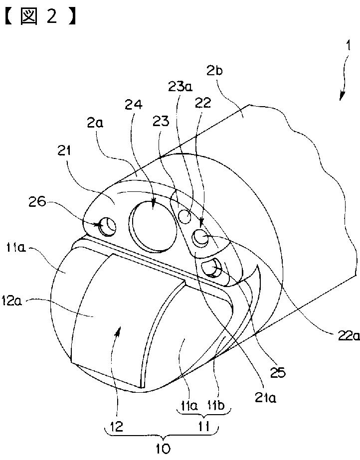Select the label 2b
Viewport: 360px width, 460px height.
[x=215, y=71]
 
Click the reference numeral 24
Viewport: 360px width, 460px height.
[x=135, y=105]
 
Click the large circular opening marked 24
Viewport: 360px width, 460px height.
[x=154, y=227]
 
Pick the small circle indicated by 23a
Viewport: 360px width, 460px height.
[x=185, y=217]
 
